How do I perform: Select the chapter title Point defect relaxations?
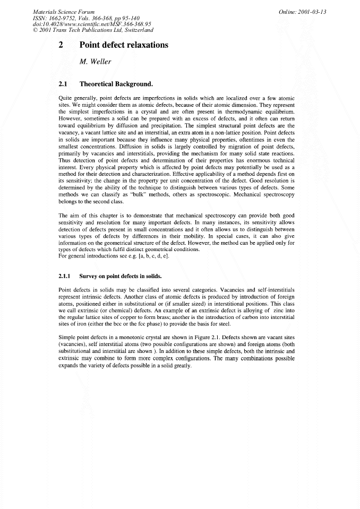pos(124,45)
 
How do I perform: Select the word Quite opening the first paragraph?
pos(65,98)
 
